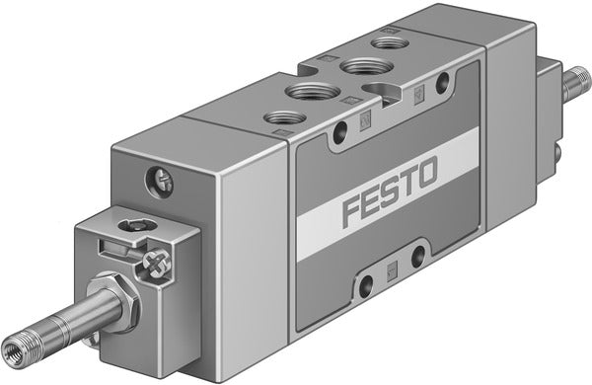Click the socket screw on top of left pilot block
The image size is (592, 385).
click(x=129, y=227)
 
